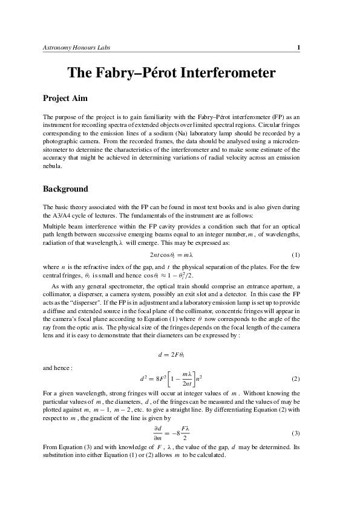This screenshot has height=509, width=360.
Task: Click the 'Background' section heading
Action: tap(66, 189)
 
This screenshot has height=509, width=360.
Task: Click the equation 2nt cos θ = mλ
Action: tap(179, 255)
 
